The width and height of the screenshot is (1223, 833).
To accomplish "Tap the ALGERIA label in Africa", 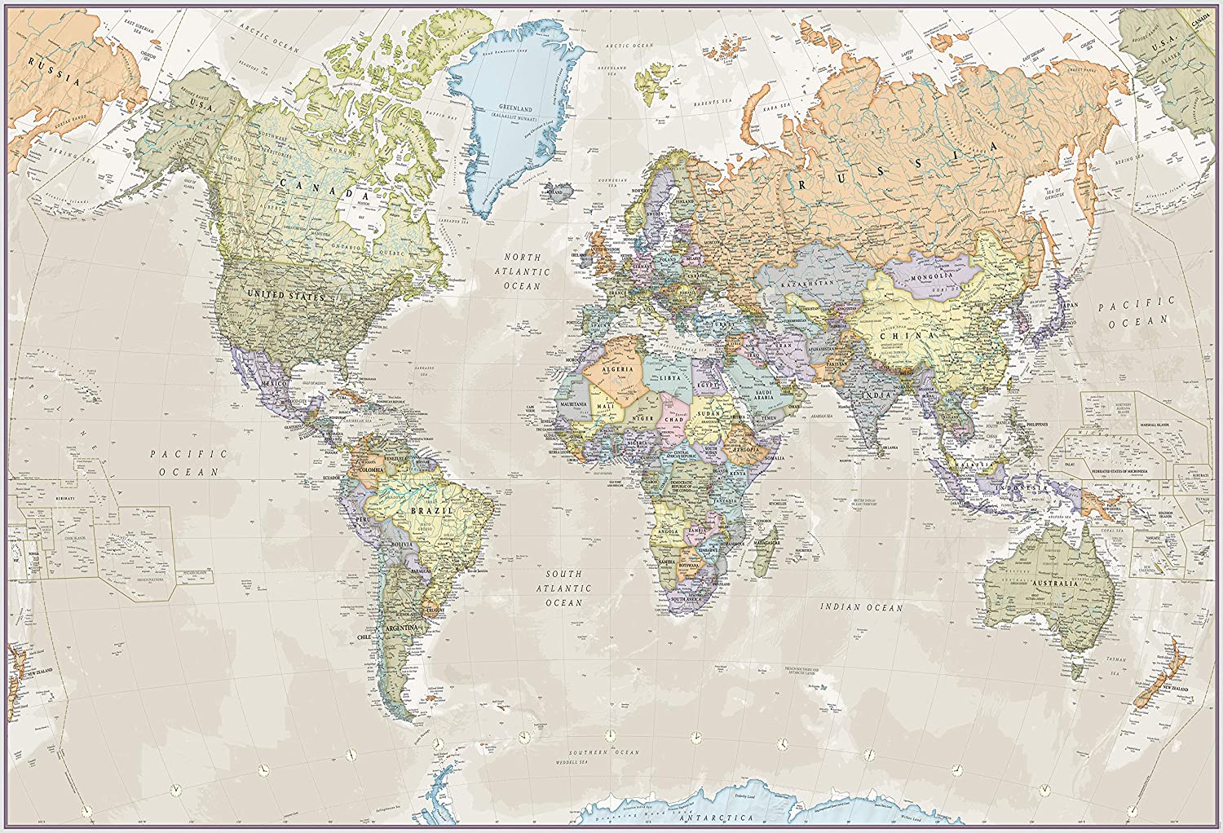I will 617,369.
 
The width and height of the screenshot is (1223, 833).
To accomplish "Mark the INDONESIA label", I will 1019,487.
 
